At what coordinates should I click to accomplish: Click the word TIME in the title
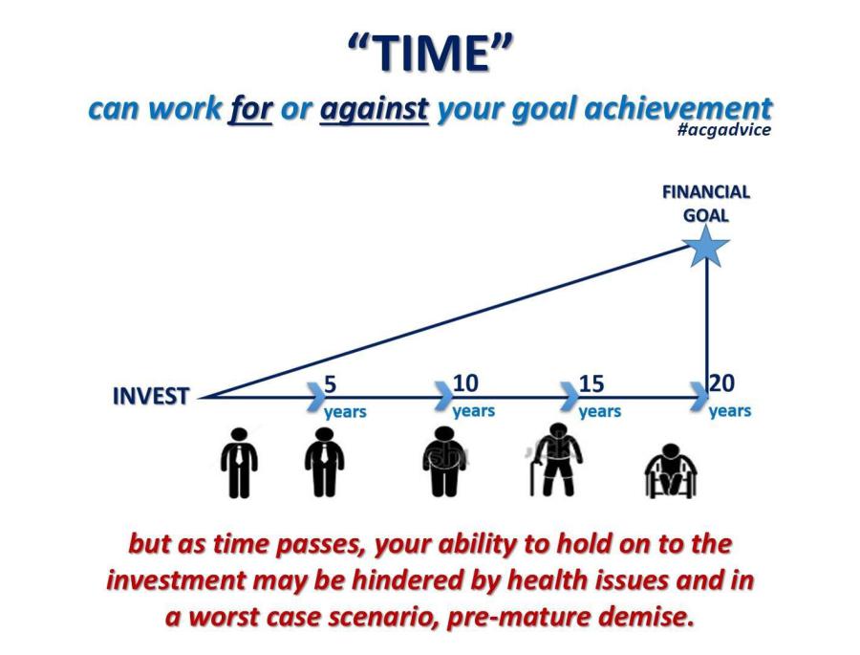433,53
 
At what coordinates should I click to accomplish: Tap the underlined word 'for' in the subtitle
251,108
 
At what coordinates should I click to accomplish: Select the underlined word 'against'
374,109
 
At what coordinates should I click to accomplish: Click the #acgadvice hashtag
724,130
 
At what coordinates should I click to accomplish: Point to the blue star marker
706,246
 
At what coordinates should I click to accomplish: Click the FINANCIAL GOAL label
706,204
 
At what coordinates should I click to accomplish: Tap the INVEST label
151,396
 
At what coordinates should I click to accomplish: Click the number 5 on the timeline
331,383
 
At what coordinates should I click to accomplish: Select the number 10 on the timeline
465,382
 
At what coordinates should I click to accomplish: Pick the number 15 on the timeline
591,383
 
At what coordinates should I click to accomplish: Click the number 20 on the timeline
722,383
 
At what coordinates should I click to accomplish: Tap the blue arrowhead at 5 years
315,397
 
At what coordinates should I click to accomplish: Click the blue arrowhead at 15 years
570,397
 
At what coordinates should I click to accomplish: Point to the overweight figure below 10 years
444,462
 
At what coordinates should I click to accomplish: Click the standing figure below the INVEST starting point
239,463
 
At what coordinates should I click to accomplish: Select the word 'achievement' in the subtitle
677,109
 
